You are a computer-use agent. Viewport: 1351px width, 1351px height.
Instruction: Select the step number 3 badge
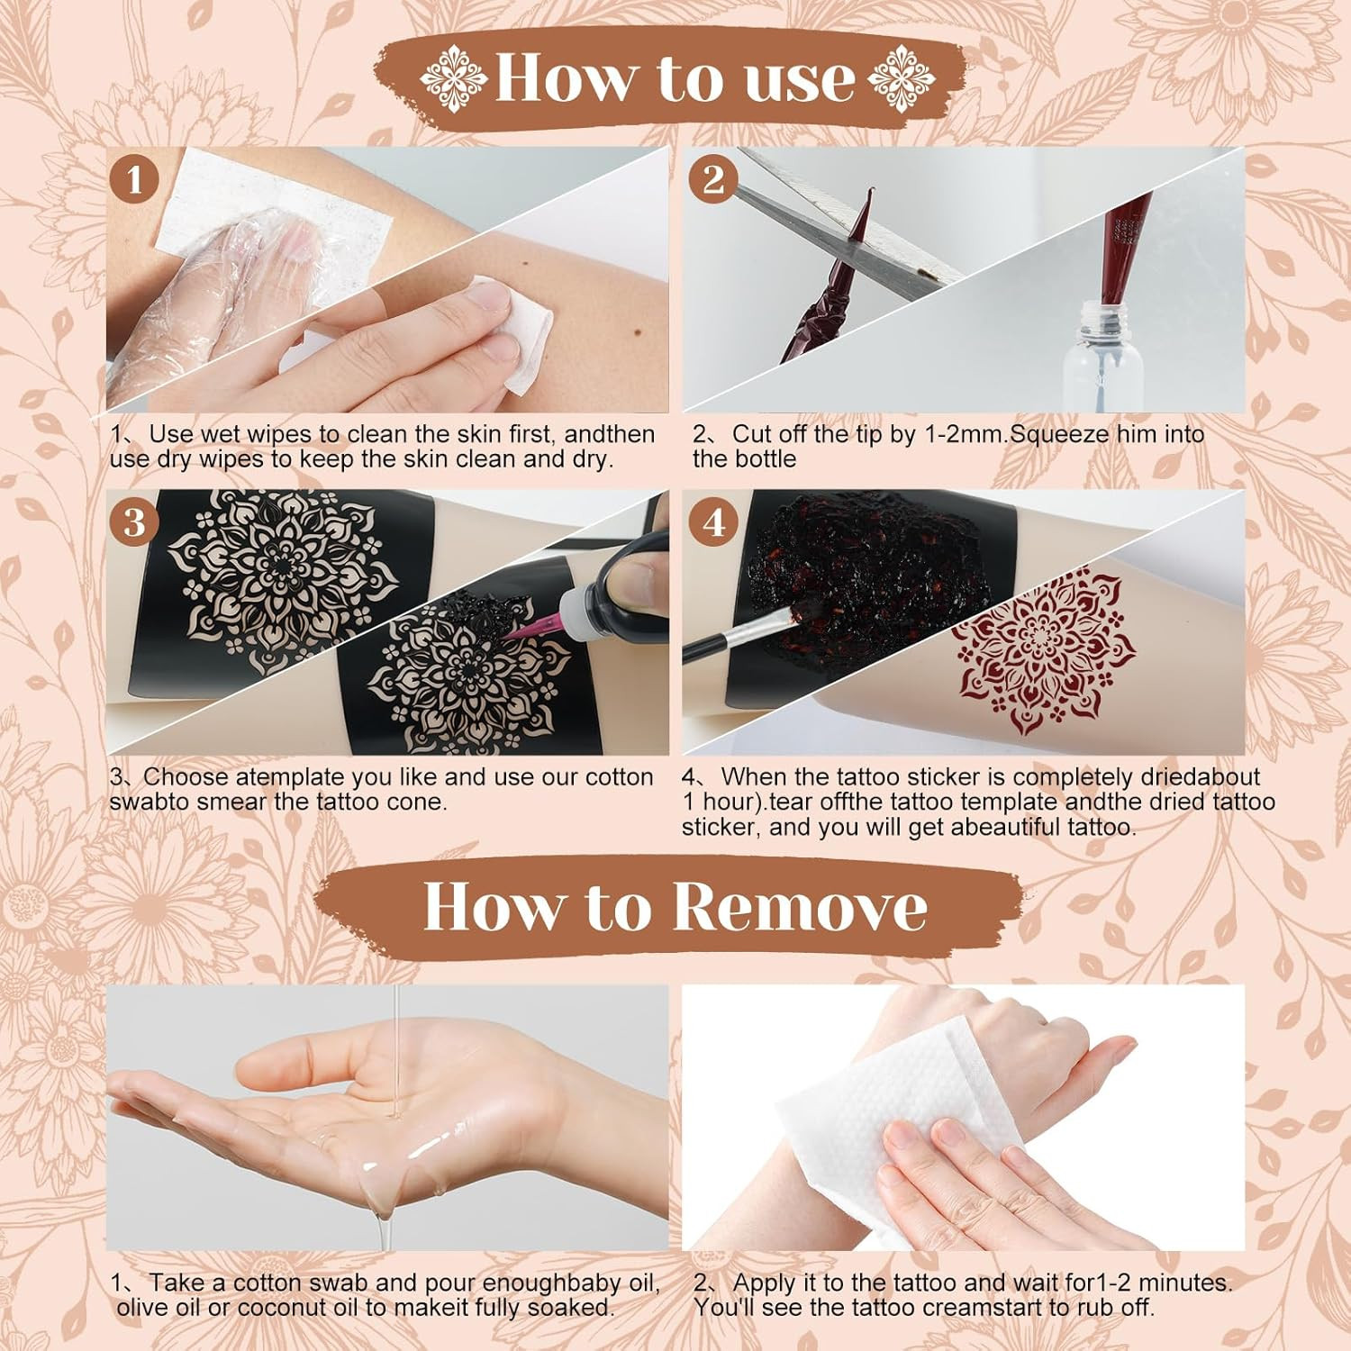point(135,521)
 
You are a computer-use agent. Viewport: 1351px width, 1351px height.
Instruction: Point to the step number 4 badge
point(713,521)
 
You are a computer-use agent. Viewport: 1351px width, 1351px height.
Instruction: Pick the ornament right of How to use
point(902,76)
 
